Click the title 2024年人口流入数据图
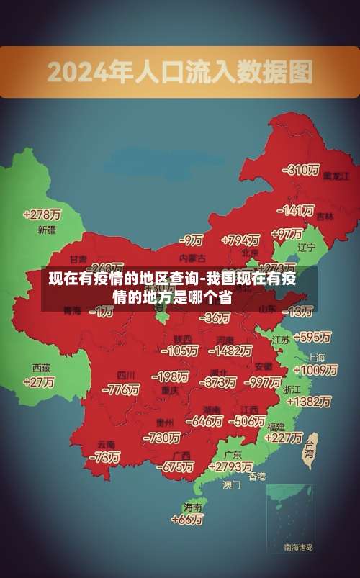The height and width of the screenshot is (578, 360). tap(179, 71)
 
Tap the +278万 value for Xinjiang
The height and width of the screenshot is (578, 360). tap(42, 215)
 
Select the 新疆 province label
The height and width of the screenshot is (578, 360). tap(46, 230)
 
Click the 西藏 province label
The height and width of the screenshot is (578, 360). tap(41, 367)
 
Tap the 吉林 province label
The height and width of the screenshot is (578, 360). tap(325, 216)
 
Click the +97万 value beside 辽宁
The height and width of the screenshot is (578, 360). tap(287, 233)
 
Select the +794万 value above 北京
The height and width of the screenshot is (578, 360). tap(240, 240)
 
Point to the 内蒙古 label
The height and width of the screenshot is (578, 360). tap(192, 257)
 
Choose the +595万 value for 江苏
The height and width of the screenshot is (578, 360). tap(312, 337)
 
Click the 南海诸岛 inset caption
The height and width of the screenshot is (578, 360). tap(298, 548)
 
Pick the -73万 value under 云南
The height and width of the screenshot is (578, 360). tap(104, 457)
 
